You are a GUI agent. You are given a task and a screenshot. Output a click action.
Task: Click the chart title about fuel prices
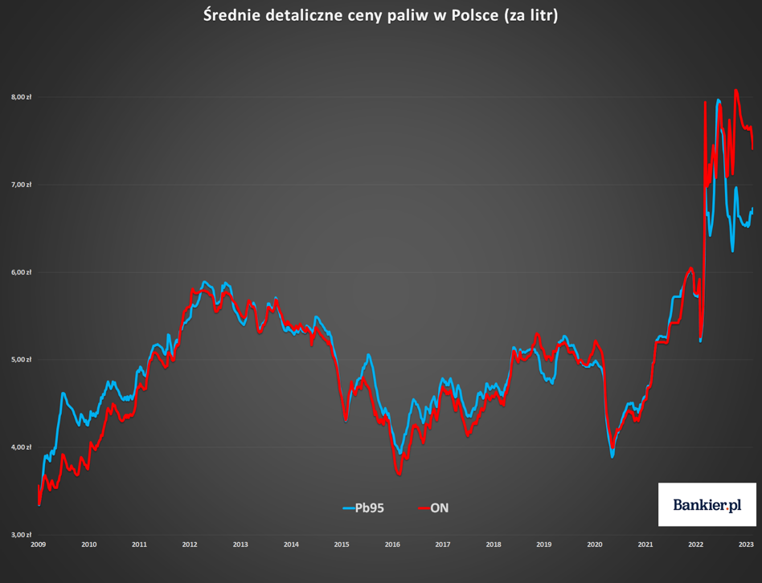[x=380, y=15]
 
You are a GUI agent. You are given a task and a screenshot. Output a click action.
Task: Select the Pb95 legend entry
[x=363, y=508]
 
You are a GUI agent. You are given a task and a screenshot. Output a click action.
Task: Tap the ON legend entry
[x=433, y=508]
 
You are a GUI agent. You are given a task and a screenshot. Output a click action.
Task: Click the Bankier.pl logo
[x=707, y=504]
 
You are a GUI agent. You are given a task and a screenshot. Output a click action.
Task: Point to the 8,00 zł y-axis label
[x=22, y=97]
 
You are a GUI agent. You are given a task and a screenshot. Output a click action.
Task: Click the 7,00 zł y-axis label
[x=22, y=185]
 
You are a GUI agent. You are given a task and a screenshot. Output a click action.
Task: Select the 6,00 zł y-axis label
[x=22, y=272]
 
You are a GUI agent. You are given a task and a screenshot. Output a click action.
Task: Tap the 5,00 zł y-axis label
[x=22, y=360]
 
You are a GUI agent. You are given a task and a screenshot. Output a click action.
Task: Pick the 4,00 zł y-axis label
[x=22, y=447]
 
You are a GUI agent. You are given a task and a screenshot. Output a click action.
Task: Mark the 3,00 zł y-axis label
[x=22, y=535]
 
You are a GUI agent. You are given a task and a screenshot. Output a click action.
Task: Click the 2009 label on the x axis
[x=39, y=544]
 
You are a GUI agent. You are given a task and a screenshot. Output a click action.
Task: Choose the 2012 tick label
[x=190, y=544]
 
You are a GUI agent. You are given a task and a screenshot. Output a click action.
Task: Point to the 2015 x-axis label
[x=342, y=544]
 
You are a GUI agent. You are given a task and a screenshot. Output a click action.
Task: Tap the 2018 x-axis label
[x=494, y=544]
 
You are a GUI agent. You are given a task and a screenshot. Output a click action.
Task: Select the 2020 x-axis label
[x=594, y=544]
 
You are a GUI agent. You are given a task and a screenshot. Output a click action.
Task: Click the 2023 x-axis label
[x=746, y=544]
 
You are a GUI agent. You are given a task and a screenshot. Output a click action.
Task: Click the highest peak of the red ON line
[x=735, y=90]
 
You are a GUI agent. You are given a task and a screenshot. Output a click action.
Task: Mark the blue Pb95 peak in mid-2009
[x=63, y=393]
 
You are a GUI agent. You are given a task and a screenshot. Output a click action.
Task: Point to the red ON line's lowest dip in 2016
[x=399, y=474]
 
